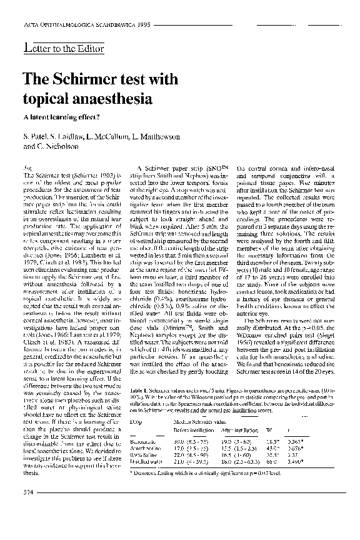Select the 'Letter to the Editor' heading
63,49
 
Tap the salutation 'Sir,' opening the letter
27,169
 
